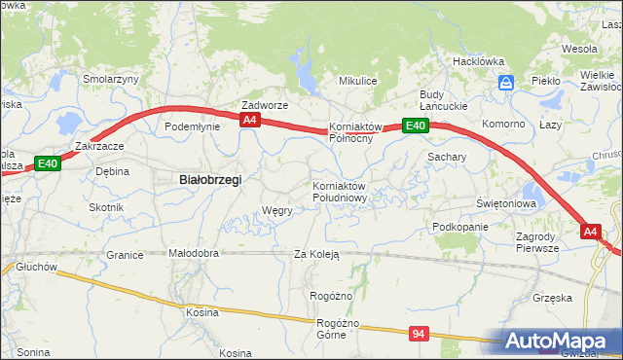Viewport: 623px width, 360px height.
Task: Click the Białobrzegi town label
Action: [x=210, y=180]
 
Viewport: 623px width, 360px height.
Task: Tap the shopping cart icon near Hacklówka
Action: [x=504, y=84]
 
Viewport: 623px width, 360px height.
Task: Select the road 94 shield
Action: [x=419, y=334]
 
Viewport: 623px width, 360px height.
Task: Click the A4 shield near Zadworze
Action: [x=250, y=120]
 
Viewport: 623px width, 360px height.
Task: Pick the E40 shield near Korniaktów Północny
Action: [x=416, y=126]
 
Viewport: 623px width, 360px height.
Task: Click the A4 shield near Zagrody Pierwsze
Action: [x=591, y=232]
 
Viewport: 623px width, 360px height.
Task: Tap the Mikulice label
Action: [x=356, y=81]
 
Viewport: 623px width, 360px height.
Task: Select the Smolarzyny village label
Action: [x=111, y=80]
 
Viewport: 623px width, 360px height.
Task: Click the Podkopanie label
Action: [x=460, y=227]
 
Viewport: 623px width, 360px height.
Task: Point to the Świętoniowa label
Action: [x=507, y=203]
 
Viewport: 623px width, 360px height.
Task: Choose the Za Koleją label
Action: [x=316, y=255]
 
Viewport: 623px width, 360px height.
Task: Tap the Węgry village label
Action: [x=277, y=210]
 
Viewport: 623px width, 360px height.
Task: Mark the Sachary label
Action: [x=447, y=156]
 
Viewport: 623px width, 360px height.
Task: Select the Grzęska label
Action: [x=552, y=298]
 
